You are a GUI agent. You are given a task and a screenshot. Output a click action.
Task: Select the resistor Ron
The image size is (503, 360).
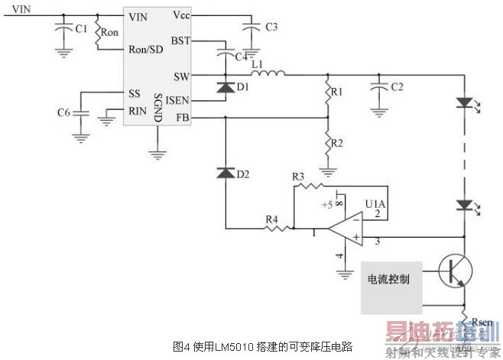[97, 33]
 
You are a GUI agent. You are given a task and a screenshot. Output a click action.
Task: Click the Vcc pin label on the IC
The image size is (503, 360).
[181, 15]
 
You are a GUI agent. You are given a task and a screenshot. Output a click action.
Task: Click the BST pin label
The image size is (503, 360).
[180, 40]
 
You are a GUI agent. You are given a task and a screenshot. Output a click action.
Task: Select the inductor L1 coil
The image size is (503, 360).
[269, 75]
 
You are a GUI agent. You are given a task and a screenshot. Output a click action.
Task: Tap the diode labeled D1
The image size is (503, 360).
[225, 88]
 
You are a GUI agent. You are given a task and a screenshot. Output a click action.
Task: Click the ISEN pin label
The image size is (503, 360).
[177, 100]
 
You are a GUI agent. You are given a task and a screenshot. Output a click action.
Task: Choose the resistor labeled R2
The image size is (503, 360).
[328, 142]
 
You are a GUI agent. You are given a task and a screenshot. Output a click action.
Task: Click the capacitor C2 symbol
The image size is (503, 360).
[378, 88]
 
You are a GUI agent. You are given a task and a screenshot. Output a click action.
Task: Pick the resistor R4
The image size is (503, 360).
[271, 227]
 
